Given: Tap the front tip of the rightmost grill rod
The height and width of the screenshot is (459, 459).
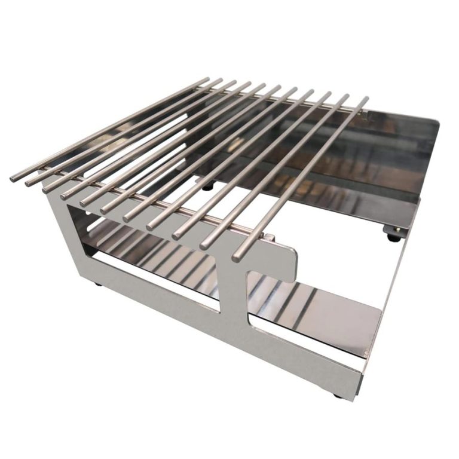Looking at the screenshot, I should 237,256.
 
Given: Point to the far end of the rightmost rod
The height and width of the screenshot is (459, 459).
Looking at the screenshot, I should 366,100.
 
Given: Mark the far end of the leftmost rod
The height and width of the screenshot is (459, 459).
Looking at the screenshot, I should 207,79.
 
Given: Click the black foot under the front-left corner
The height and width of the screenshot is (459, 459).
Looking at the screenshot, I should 97,284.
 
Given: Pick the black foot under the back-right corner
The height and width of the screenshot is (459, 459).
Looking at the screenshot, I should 394,237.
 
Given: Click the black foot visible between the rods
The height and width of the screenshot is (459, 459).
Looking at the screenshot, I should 207,186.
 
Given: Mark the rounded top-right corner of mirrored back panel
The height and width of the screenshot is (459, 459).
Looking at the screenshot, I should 434,124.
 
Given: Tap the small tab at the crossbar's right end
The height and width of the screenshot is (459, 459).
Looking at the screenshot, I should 270,238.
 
